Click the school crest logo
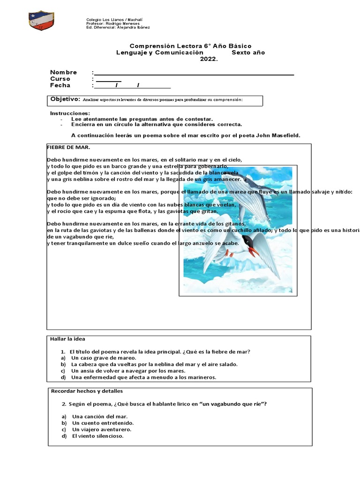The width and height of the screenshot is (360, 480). [x=41, y=21]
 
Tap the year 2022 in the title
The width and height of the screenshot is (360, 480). [x=209, y=59]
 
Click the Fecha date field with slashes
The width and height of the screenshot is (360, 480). [x=132, y=86]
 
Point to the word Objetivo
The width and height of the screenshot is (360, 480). [x=65, y=99]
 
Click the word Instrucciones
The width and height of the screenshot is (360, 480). [x=70, y=113]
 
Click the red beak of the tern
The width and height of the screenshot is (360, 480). [x=253, y=251]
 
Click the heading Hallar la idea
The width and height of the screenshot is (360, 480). [x=67, y=339]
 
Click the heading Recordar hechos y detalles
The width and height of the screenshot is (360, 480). [x=87, y=391]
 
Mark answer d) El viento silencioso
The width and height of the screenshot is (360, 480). [x=97, y=436]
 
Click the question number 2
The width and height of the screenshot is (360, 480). [x=63, y=404]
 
